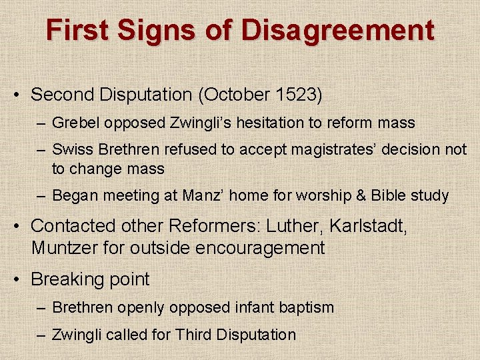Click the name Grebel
click(73, 123)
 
